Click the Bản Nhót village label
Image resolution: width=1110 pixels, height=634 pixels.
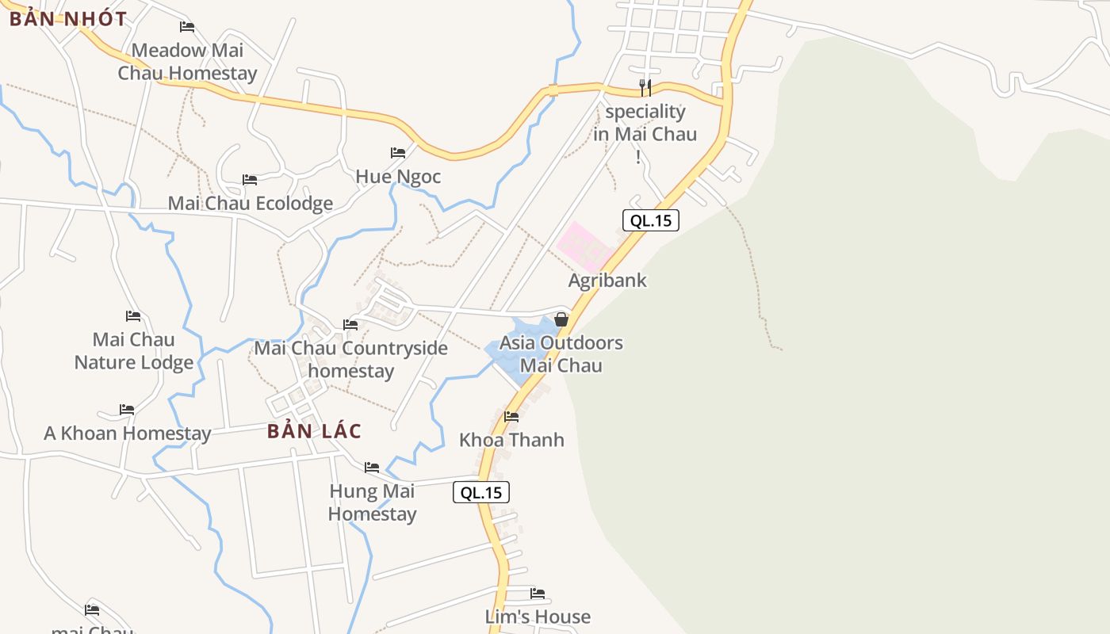(x=68, y=19)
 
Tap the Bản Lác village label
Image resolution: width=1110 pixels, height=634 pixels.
(x=314, y=431)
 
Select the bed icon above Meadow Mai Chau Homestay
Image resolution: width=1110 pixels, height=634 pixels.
(x=187, y=27)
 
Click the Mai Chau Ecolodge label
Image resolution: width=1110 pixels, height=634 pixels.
(x=251, y=204)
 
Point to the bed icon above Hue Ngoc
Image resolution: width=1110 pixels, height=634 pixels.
(x=398, y=153)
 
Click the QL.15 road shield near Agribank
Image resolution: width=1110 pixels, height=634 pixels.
(x=651, y=220)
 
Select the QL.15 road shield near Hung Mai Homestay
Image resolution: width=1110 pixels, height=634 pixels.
(x=481, y=492)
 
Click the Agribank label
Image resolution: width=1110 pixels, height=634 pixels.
(x=607, y=280)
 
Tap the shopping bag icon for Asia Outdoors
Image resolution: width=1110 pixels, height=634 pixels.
(x=561, y=319)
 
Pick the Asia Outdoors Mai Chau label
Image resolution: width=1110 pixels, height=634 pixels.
(x=561, y=354)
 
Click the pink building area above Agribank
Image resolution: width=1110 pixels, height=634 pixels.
(x=585, y=245)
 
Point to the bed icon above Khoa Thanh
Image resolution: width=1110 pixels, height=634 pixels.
(x=511, y=417)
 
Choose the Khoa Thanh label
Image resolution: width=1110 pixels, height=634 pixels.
(x=511, y=440)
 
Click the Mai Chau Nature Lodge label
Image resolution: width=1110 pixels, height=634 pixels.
(x=134, y=351)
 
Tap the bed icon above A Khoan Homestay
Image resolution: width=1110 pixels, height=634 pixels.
(x=127, y=410)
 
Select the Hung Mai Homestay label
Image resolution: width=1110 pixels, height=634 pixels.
(x=372, y=502)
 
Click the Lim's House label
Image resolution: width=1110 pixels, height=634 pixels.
(x=538, y=617)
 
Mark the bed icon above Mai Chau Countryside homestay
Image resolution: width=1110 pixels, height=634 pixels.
(x=350, y=324)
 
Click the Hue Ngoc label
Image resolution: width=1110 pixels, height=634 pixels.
(x=398, y=176)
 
